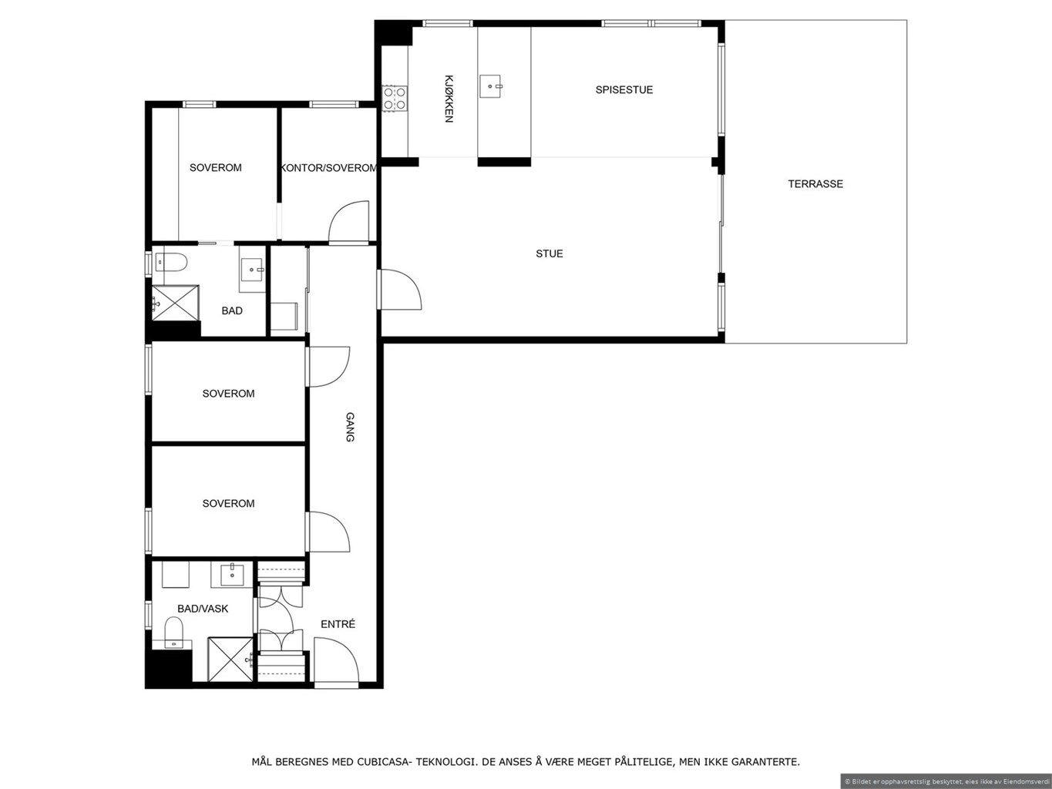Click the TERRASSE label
(x=815, y=184)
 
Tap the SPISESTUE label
(x=624, y=89)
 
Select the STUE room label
(x=550, y=253)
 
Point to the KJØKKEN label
(x=449, y=99)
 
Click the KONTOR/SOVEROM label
(x=329, y=168)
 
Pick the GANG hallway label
(x=351, y=426)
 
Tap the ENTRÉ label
(x=338, y=624)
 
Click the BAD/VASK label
(x=203, y=609)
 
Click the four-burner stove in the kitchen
(x=395, y=98)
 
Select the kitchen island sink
(x=491, y=86)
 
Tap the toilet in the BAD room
(x=171, y=262)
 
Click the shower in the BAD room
(x=175, y=302)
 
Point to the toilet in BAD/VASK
(x=173, y=631)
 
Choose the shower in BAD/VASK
(x=230, y=659)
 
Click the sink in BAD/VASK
(x=232, y=575)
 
